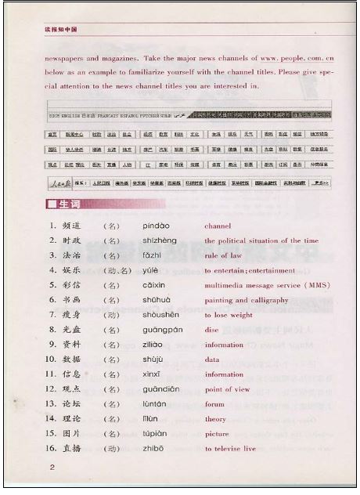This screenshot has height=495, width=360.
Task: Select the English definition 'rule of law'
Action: click(222, 255)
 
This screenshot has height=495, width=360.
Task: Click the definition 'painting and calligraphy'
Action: click(247, 300)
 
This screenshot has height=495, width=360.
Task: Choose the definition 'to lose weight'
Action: click(229, 315)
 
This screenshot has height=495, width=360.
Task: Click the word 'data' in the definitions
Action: click(212, 360)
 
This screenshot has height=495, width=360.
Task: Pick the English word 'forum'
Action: click(214, 404)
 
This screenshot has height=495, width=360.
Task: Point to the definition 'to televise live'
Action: click(230, 449)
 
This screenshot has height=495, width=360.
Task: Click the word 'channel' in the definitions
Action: click(218, 226)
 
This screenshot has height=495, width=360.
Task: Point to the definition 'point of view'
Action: click(227, 389)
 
